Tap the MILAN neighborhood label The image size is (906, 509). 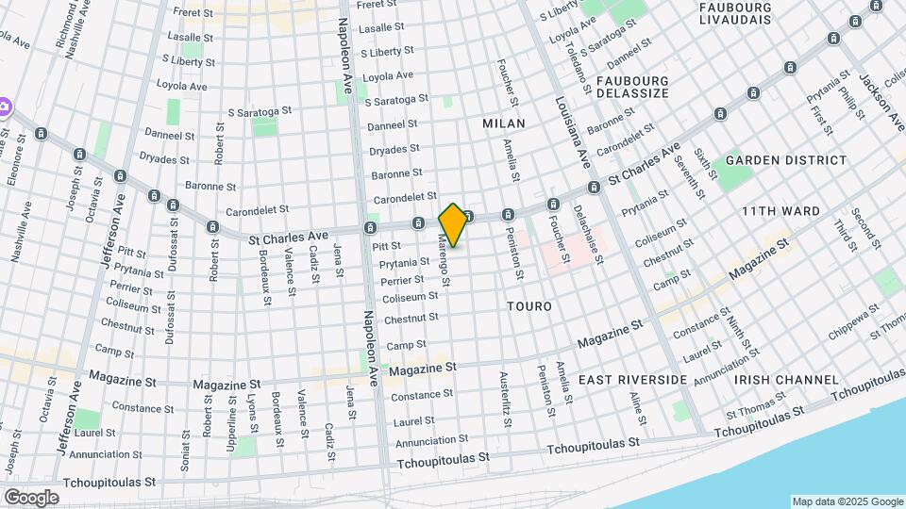(x=503, y=123)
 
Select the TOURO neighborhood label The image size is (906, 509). (x=528, y=306)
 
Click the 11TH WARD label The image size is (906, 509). (x=780, y=211)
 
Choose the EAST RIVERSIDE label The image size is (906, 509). (x=632, y=379)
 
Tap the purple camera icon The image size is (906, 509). (x=4, y=107)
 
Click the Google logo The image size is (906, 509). (x=31, y=497)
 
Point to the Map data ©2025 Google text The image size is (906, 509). (x=847, y=501)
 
